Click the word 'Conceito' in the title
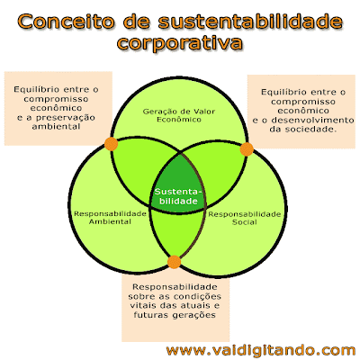[66, 22]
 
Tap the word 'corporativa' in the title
[179, 43]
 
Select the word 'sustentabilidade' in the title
[250, 22]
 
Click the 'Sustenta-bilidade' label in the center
[178, 196]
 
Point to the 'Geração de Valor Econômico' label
[179, 115]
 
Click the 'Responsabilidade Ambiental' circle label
[110, 218]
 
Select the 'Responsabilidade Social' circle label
[245, 218]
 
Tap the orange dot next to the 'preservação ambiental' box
[111, 144]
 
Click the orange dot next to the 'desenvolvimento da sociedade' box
[247, 149]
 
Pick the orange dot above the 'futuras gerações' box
[174, 262]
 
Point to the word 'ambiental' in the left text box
[56, 127]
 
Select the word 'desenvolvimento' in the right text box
[312, 120]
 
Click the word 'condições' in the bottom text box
[197, 296]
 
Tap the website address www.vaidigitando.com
[261, 350]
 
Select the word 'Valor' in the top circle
[205, 112]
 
